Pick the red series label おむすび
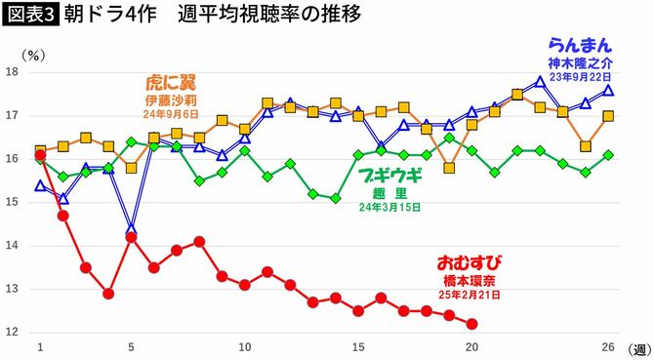[x=470, y=262]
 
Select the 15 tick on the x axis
[x=358, y=347]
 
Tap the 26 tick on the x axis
[x=608, y=347]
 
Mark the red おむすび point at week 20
[x=472, y=324]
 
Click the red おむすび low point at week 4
[x=108, y=294]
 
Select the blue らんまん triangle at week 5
[x=131, y=229]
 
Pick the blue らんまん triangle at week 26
[x=608, y=90]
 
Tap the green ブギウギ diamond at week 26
[x=608, y=155]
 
